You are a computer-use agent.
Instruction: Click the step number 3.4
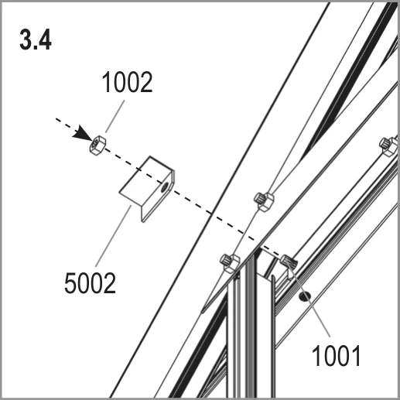(36, 40)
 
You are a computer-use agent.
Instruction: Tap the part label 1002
(128, 82)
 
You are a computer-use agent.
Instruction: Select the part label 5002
(90, 283)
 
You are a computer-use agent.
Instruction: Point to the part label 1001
(337, 356)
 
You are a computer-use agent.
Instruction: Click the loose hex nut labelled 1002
(97, 145)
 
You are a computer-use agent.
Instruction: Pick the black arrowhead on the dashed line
(83, 134)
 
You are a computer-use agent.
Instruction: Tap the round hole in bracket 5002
(164, 186)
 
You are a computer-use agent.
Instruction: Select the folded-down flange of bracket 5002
(158, 196)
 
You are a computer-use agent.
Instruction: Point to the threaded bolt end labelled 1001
(289, 262)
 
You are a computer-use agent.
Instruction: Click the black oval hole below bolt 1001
(305, 297)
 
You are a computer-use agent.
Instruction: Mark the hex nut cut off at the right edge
(389, 145)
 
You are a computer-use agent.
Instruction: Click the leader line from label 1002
(115, 116)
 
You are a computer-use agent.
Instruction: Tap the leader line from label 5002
(114, 236)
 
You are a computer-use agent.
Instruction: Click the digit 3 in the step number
(26, 40)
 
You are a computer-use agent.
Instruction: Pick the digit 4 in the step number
(45, 40)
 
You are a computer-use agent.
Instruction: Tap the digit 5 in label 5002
(70, 283)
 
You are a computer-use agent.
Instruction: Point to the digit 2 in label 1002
(146, 82)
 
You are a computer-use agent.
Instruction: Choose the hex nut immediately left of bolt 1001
(230, 262)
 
